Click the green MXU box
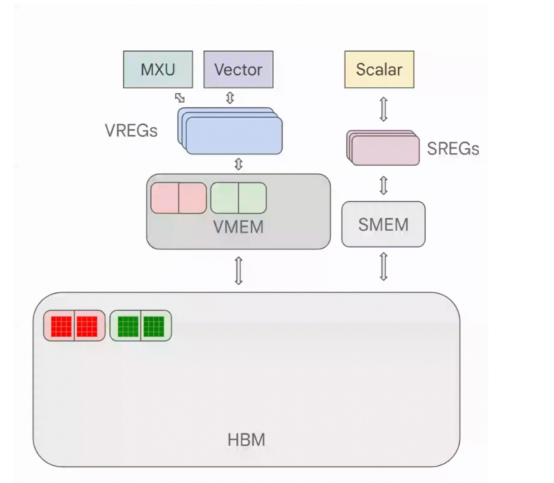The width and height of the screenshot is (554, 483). click(x=158, y=69)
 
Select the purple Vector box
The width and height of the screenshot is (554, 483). click(x=238, y=69)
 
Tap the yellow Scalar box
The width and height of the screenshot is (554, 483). click(x=379, y=69)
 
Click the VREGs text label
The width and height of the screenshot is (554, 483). click(x=131, y=130)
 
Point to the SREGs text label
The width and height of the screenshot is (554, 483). click(x=453, y=149)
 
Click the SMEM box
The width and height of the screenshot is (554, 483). click(x=383, y=224)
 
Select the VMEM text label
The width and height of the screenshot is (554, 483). click(x=238, y=227)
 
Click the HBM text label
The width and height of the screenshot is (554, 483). click(x=246, y=440)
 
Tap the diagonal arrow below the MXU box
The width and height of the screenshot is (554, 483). click(x=180, y=98)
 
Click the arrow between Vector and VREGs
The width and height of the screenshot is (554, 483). click(x=230, y=98)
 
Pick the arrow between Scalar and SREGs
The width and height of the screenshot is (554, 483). click(x=383, y=109)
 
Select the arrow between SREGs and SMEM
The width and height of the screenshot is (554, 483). click(x=383, y=186)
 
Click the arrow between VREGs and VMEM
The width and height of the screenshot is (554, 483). click(x=238, y=164)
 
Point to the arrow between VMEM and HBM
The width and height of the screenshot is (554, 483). click(x=238, y=271)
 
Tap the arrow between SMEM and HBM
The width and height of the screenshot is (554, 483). click(x=383, y=266)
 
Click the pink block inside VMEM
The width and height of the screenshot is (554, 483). click(x=178, y=198)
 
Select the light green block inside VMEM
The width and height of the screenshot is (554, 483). click(x=238, y=198)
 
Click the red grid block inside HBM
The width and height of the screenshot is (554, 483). click(x=74, y=326)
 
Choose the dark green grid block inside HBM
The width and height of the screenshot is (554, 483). click(x=140, y=326)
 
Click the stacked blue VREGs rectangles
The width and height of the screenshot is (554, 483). click(x=233, y=133)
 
